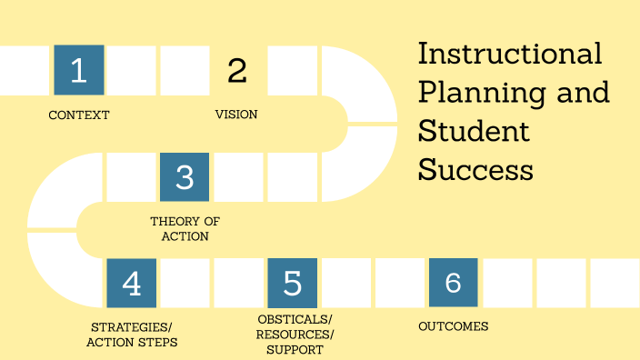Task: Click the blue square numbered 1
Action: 79,70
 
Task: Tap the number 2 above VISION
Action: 236,70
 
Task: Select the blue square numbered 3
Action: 185,176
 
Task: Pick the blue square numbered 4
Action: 132,283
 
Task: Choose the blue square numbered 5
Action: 292,283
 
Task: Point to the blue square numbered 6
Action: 453,283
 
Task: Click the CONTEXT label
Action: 79,115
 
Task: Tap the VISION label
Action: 236,115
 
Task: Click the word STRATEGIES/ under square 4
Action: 132,327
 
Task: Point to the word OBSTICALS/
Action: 295,319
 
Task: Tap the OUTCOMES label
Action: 453,326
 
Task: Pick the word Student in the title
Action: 473,131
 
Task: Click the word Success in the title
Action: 475,170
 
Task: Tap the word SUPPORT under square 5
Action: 295,350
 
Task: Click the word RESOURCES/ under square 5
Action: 295,335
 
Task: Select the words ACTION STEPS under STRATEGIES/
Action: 132,343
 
